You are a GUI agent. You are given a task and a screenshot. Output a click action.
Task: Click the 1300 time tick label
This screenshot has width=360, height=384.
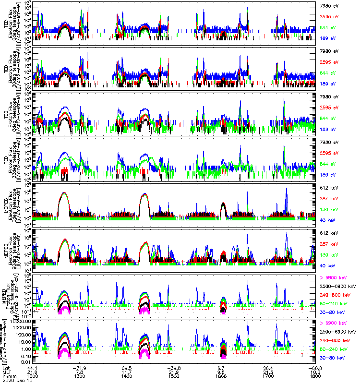80,377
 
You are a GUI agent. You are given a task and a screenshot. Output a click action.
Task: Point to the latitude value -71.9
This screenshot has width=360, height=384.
80,368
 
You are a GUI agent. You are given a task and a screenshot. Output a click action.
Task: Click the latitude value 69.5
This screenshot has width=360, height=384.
127,368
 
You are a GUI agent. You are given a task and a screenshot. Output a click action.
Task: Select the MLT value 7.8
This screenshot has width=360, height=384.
80,372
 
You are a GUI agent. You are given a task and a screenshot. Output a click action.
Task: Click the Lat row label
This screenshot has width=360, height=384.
5,368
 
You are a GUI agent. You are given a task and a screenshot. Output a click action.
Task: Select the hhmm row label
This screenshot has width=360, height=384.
8,377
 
